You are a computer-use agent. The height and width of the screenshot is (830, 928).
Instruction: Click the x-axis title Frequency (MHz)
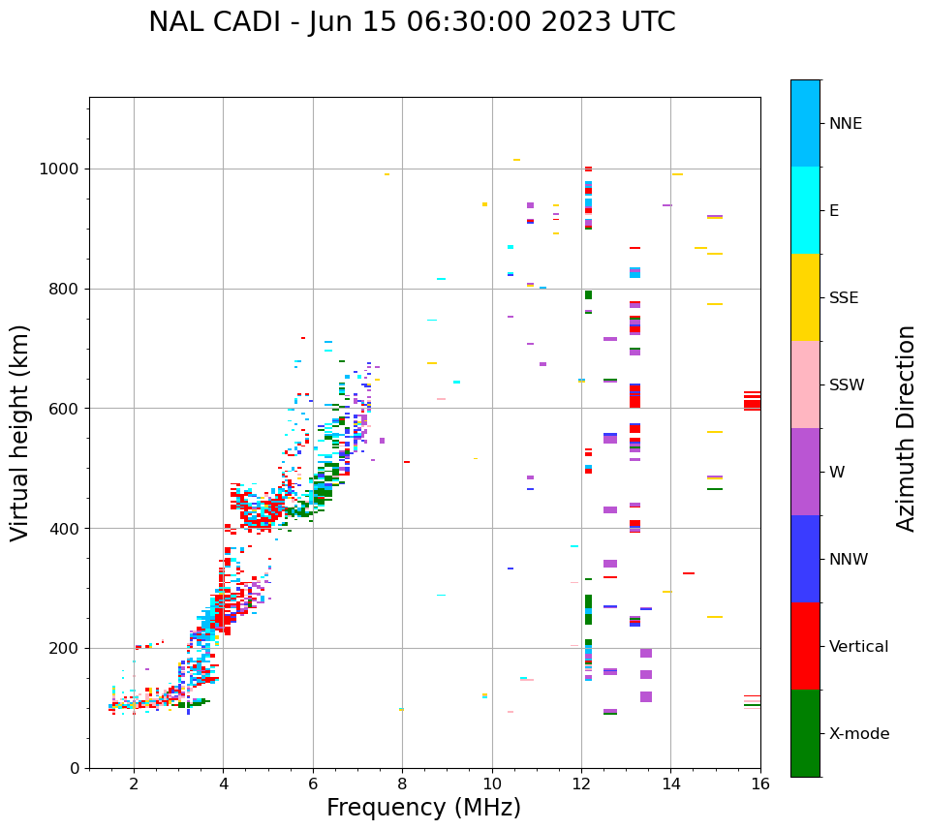[x=423, y=808]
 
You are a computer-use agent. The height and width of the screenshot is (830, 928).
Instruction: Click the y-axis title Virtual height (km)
[x=20, y=432]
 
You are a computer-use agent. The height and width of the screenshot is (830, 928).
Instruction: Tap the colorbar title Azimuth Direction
[x=906, y=428]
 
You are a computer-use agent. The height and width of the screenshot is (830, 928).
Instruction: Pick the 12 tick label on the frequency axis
[x=581, y=784]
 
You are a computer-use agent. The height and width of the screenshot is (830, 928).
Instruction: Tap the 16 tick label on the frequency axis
[x=760, y=784]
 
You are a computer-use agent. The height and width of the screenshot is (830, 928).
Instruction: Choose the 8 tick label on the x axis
[x=402, y=784]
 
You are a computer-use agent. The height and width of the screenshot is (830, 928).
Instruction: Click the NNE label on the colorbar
[x=845, y=124]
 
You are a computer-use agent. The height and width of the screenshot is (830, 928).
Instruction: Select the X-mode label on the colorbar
[x=858, y=734]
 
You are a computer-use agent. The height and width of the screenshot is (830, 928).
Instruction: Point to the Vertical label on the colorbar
[x=858, y=647]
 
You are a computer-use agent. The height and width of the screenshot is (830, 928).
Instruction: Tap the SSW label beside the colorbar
[x=847, y=385]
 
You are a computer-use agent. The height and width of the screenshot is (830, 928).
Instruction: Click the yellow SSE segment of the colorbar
[x=805, y=297]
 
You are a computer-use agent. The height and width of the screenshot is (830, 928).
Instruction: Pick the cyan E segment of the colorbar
[x=805, y=210]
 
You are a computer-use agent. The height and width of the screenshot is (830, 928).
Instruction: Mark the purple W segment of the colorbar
[x=805, y=472]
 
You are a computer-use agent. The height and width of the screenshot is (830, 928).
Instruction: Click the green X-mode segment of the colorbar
[x=805, y=733]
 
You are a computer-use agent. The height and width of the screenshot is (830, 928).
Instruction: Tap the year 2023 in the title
[x=601, y=22]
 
